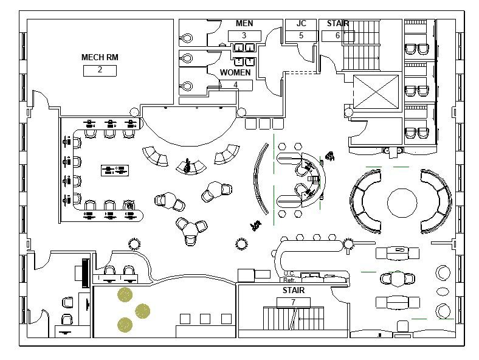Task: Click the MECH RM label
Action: click(x=100, y=58)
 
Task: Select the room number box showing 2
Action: click(x=100, y=70)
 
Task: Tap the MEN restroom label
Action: click(x=244, y=24)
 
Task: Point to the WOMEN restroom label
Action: click(x=235, y=73)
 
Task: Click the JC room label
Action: click(x=301, y=24)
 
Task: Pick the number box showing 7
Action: click(x=293, y=302)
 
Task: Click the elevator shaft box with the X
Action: click(x=376, y=92)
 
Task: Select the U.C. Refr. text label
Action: click(x=289, y=277)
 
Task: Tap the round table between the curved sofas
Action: click(x=402, y=202)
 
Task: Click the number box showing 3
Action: click(x=244, y=35)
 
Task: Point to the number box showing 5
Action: click(x=301, y=36)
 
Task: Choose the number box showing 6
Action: click(x=338, y=36)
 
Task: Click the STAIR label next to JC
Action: click(x=338, y=24)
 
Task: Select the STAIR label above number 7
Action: click(x=293, y=291)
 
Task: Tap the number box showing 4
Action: click(x=236, y=85)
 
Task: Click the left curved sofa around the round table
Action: click(x=364, y=201)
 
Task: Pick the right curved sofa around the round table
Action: click(x=439, y=201)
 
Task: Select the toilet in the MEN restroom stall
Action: click(x=187, y=38)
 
